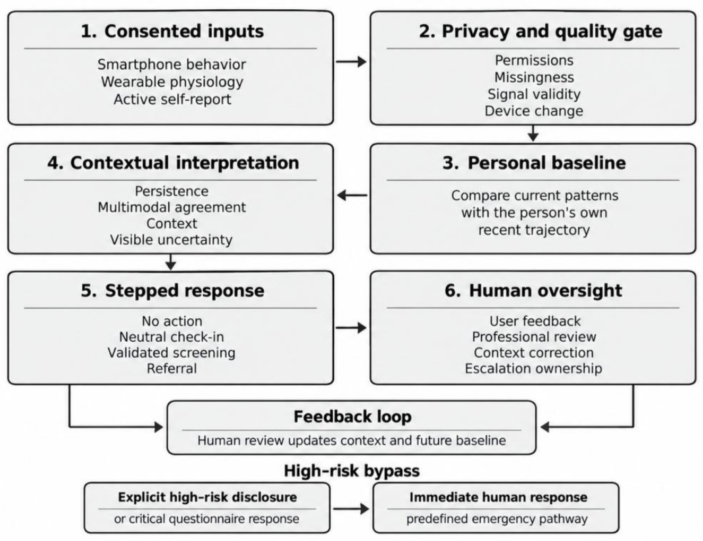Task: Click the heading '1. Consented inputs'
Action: point(172,32)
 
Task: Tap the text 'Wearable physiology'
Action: point(172,82)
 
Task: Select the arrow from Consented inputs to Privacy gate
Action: point(351,61)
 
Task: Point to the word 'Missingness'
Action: point(534,78)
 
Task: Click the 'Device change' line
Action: point(534,111)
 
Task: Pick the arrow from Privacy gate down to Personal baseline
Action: point(533,133)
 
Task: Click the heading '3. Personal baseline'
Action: point(534,163)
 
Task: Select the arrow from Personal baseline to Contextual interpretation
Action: point(352,195)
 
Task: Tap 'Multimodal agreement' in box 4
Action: point(172,208)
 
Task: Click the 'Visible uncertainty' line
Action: point(171,240)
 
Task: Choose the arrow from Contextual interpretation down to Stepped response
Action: point(170,262)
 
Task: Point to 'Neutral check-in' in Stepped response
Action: point(171,337)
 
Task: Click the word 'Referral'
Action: point(172,368)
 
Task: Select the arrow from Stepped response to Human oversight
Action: point(351,328)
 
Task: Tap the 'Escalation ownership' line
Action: point(533,369)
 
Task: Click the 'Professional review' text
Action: point(534,337)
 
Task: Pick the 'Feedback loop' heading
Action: point(352,417)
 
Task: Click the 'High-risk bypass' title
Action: point(352,471)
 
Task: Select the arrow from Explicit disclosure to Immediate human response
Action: point(351,508)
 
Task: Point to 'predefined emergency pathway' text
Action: point(497,519)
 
